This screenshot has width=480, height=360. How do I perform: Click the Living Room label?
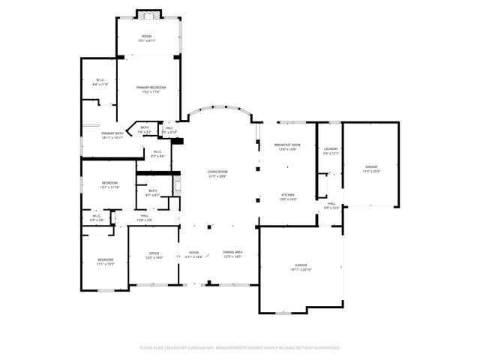click(x=217, y=172)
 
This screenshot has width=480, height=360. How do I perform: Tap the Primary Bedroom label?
click(x=151, y=88)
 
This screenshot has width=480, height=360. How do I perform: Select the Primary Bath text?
click(x=112, y=133)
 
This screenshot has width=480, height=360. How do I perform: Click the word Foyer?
click(x=193, y=253)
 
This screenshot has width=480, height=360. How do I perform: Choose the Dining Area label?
click(x=232, y=253)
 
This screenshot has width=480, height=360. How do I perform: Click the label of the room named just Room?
click(x=148, y=37)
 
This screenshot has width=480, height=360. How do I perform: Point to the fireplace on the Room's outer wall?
click(x=148, y=13)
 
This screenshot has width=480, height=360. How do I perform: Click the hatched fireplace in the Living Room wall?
click(x=178, y=185)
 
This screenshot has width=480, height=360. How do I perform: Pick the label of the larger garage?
click(x=301, y=265)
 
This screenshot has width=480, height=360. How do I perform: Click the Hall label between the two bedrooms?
click(x=144, y=216)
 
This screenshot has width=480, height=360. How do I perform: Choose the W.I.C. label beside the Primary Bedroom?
click(x=100, y=81)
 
